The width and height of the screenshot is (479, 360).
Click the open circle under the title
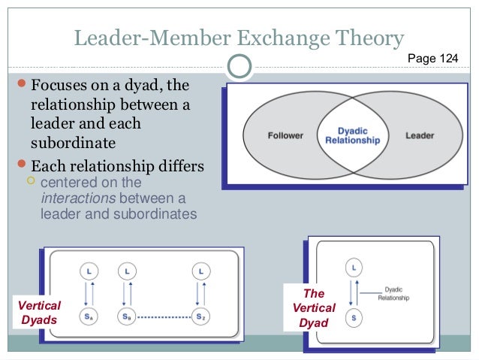point(239,66)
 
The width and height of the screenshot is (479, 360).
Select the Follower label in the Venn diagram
point(285,136)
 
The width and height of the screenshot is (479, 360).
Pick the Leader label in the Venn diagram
point(420,136)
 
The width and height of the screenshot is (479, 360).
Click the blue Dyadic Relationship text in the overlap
point(353,135)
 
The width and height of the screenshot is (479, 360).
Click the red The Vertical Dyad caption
point(314,308)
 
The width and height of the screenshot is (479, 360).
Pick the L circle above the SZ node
point(200,268)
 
